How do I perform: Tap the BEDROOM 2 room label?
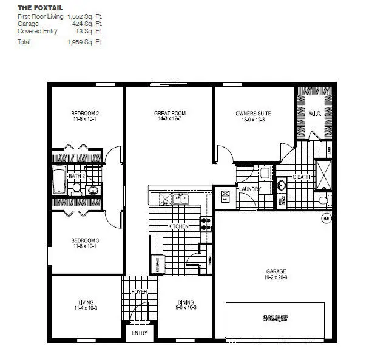[x=85, y=114]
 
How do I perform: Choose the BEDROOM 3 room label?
[x=85, y=240]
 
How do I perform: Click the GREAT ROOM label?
[x=169, y=114]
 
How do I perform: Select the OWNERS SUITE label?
[x=253, y=114]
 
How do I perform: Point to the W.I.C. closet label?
[x=314, y=114]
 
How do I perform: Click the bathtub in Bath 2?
[x=59, y=180]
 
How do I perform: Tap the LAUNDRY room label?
[x=250, y=189]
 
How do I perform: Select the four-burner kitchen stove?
[x=206, y=223]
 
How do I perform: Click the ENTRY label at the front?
[x=140, y=333]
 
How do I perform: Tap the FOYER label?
[x=140, y=292]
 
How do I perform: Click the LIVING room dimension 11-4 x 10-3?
[x=85, y=308]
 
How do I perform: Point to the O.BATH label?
[x=302, y=177]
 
